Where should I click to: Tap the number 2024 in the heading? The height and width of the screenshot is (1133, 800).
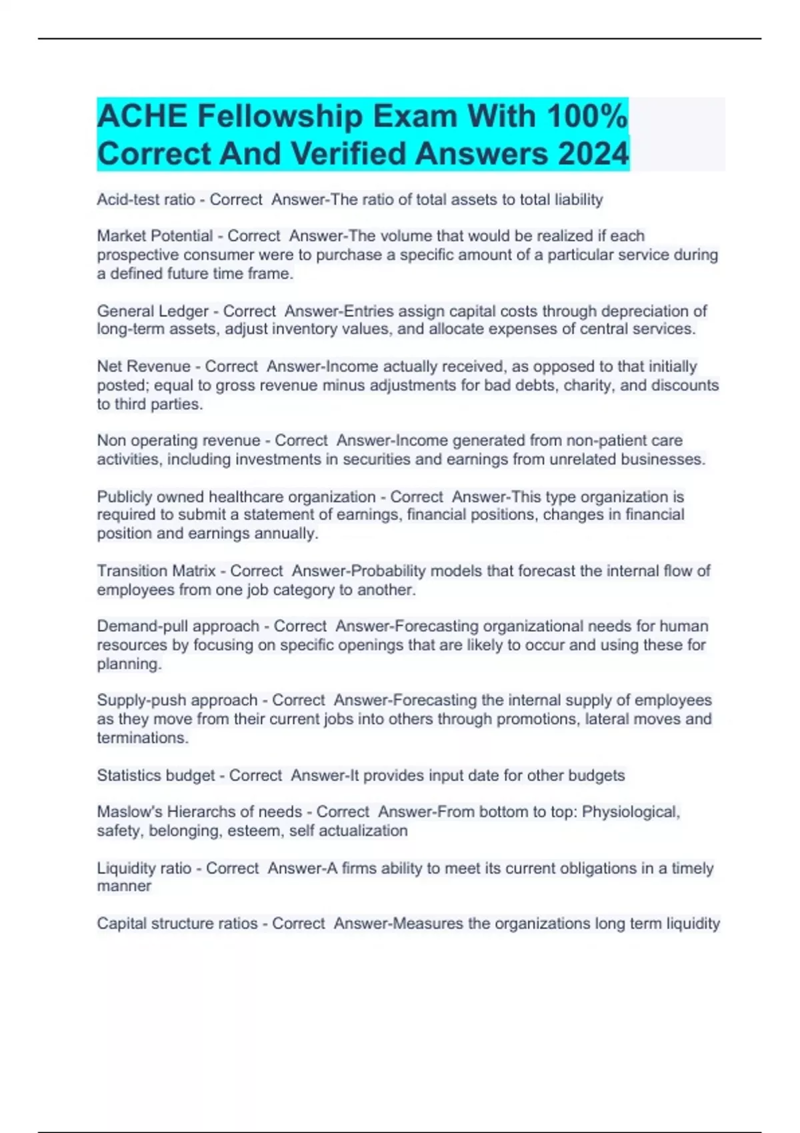point(593,154)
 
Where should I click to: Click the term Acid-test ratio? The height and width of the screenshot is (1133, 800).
point(146,199)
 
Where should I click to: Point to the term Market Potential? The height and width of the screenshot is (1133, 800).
point(155,236)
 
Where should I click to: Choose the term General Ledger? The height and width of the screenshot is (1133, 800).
point(153,311)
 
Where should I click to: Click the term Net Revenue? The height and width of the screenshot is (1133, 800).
point(143,367)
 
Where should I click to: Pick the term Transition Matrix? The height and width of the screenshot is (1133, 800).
point(156,571)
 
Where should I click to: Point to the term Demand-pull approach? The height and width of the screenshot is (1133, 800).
point(178,626)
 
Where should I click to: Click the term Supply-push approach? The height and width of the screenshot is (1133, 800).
point(177,700)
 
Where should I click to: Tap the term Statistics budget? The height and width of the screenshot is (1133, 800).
point(155,776)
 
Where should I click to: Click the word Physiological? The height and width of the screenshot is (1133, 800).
point(631,812)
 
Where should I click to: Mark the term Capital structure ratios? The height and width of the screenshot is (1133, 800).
point(177,924)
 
